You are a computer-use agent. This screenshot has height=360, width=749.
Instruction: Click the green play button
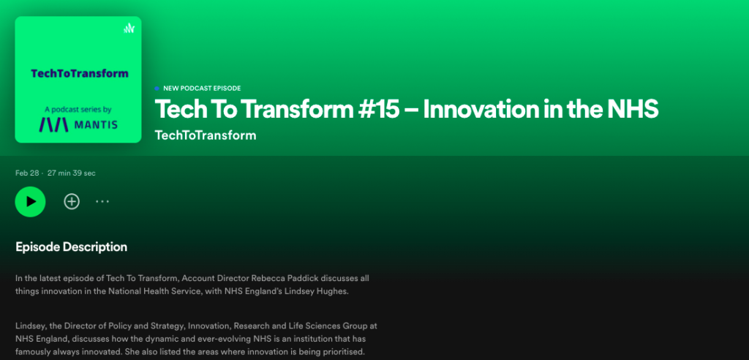(x=30, y=202)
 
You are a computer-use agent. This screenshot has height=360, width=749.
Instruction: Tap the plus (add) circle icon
(x=72, y=202)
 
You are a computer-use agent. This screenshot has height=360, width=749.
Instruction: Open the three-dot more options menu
(x=102, y=202)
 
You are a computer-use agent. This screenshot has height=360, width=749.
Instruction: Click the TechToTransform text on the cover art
(x=80, y=74)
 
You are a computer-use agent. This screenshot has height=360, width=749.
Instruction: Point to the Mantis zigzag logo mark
(x=54, y=125)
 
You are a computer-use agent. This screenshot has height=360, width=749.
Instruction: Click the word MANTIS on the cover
(x=96, y=126)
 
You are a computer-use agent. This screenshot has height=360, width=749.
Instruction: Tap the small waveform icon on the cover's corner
(x=129, y=29)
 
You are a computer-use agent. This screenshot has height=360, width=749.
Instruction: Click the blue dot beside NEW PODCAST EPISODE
(x=157, y=89)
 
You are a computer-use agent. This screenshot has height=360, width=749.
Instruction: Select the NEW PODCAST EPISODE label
(x=202, y=89)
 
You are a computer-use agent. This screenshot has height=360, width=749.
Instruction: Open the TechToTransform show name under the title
(x=206, y=135)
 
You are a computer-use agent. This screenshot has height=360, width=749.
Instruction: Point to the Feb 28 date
(x=27, y=173)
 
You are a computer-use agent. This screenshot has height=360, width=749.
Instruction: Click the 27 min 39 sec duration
(x=71, y=173)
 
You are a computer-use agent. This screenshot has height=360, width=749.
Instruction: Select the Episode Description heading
(x=71, y=247)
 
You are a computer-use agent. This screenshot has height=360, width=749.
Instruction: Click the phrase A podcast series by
(x=78, y=110)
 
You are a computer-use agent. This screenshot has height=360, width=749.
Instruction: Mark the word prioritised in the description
(x=345, y=353)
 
